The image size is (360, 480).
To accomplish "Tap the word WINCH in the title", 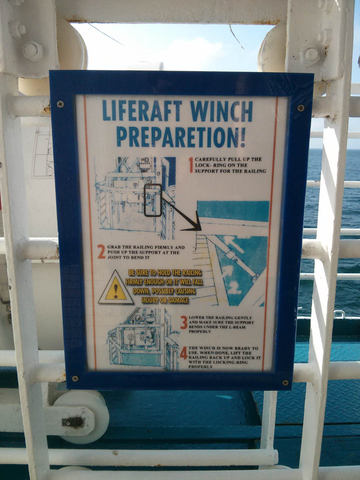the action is (221, 111).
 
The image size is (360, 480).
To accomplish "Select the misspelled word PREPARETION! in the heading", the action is (181, 137).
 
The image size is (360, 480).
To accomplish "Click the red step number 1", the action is (191, 165).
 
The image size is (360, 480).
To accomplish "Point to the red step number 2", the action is (101, 251).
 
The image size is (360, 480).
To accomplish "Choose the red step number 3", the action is (184, 322).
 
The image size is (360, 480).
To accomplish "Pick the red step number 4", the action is (183, 353).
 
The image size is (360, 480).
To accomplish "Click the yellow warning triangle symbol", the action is (116, 288).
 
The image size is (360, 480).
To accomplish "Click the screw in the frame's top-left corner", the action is (60, 104).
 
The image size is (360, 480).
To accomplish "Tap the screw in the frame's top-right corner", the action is (301, 107).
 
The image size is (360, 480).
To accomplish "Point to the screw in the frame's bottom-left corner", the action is (75, 378).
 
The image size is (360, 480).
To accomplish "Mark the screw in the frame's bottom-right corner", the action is (285, 382).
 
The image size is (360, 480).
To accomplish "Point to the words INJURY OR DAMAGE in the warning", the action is (165, 300).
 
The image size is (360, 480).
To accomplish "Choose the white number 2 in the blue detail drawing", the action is (234, 288).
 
